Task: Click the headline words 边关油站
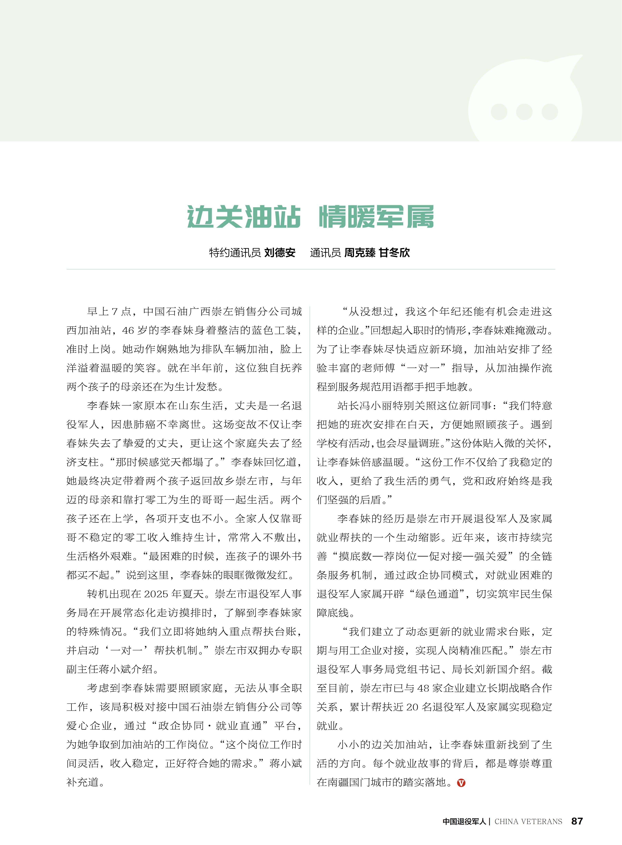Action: point(244,217)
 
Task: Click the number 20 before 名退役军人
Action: point(412,707)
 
